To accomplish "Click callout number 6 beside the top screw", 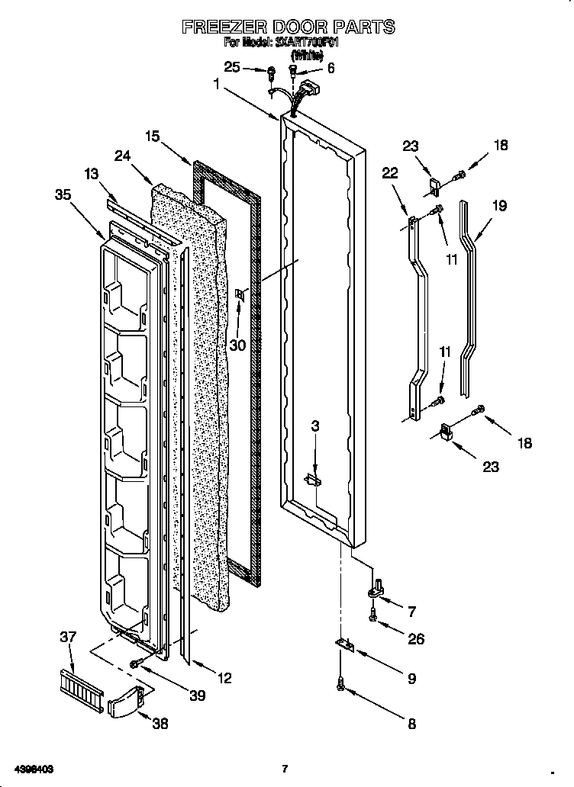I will point(330,68).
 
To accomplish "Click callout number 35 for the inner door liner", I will point(63,194).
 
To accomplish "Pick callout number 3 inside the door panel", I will point(314,426).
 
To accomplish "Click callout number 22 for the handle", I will point(389,173).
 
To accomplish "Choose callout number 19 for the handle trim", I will point(499,205).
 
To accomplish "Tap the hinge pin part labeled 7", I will point(377,589).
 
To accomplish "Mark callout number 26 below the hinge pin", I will point(415,639).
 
